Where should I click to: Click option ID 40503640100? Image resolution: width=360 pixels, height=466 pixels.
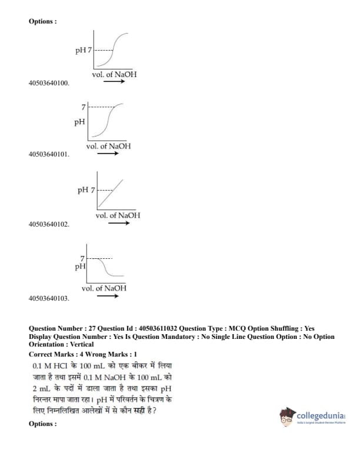click(49, 83)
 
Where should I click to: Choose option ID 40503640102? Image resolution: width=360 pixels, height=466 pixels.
click(49, 224)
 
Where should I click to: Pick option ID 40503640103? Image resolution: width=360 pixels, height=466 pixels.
click(49, 298)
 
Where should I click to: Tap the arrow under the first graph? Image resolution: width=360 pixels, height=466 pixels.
click(114, 82)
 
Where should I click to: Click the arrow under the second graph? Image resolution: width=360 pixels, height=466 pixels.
click(108, 154)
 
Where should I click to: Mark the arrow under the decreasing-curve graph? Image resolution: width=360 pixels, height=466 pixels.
click(107, 296)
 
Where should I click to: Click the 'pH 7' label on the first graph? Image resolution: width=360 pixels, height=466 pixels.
click(84, 50)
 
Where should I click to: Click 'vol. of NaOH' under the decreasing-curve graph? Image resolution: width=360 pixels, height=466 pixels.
click(104, 288)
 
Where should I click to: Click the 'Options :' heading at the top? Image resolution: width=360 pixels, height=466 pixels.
click(43, 21)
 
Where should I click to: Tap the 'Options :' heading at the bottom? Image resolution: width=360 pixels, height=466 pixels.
click(43, 424)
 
